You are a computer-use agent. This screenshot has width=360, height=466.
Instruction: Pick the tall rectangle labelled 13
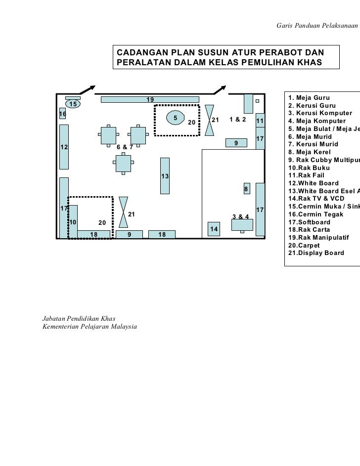[165, 175]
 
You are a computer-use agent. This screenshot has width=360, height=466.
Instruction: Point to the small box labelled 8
[246, 190]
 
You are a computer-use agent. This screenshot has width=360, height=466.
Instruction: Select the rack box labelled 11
[260, 122]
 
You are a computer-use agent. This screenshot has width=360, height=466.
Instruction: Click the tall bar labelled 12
[64, 146]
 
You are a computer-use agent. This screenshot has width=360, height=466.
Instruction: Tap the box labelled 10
[73, 222]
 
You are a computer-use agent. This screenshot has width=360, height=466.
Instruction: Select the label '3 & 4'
[241, 217]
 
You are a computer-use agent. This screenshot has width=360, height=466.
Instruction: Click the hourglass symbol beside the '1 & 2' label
[210, 119]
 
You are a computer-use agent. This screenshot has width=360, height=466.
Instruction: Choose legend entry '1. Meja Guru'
[309, 97]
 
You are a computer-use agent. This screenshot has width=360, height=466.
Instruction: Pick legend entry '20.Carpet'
[305, 245]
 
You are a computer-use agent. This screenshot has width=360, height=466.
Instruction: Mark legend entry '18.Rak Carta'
[309, 230]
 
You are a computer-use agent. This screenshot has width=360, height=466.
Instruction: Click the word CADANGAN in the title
[140, 53]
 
